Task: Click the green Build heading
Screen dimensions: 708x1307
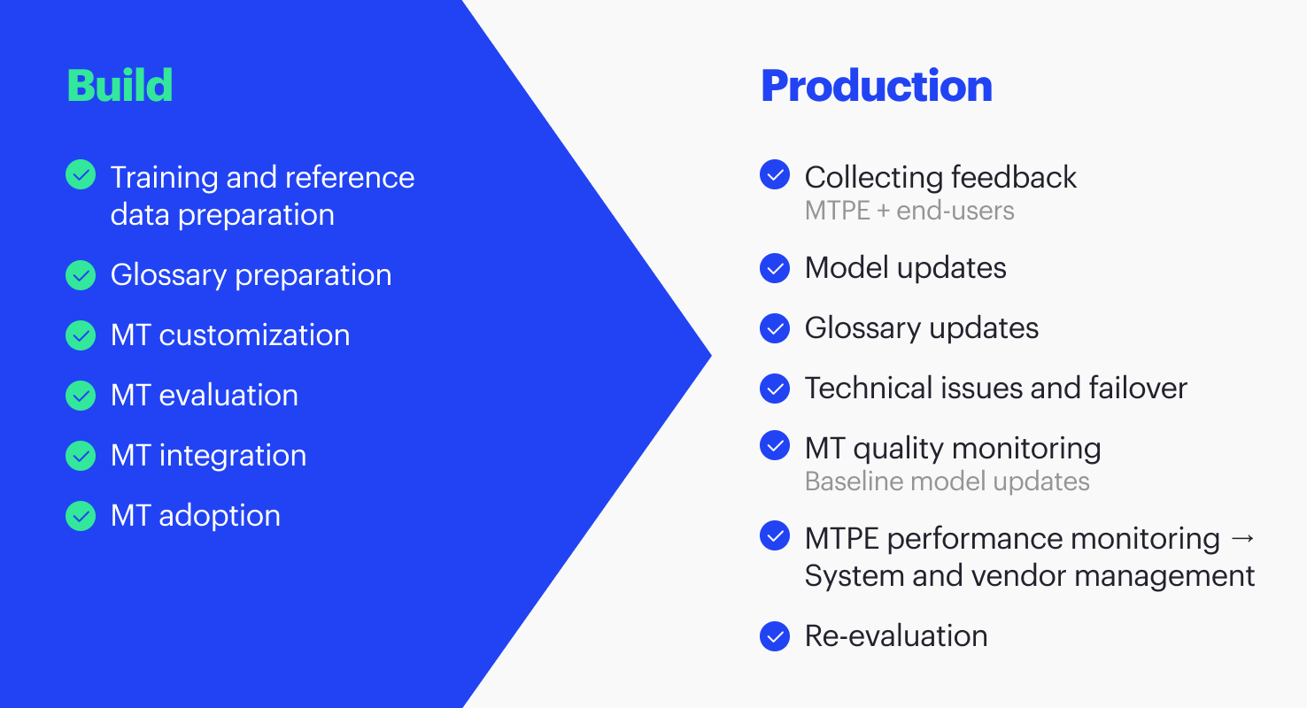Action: point(120,86)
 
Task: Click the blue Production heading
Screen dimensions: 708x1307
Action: point(876,86)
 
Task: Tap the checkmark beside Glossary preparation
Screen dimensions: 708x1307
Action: point(81,275)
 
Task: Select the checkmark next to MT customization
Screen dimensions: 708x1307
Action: point(81,335)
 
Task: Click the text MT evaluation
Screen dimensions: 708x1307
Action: point(204,396)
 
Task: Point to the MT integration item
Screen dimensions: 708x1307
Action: point(208,456)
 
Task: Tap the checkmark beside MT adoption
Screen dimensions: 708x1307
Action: point(81,516)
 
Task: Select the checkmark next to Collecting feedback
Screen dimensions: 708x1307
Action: point(775,175)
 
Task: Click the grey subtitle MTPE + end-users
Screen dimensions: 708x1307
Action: point(909,211)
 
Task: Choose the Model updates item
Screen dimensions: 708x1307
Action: point(905,268)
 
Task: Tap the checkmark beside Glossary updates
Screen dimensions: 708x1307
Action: point(775,328)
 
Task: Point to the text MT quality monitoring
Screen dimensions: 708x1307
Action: point(952,449)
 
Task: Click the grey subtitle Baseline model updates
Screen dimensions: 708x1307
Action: point(947,481)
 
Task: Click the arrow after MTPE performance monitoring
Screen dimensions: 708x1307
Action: point(1242,539)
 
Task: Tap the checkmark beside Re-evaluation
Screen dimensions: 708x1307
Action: point(775,636)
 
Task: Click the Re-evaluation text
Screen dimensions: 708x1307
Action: point(895,636)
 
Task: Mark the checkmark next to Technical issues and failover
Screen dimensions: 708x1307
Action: point(775,389)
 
